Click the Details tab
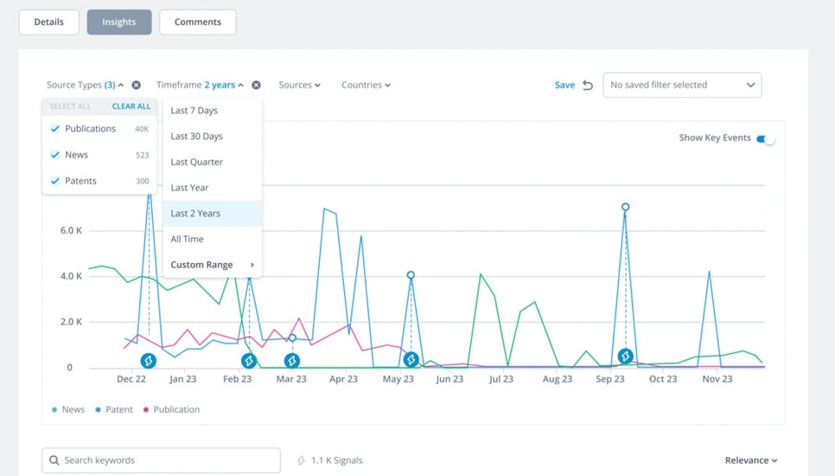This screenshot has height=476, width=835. [x=48, y=23]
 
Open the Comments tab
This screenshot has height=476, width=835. [x=197, y=23]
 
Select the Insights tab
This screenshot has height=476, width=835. [x=119, y=23]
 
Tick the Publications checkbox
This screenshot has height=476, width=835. [x=55, y=129]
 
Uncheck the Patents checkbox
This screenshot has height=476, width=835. [x=55, y=181]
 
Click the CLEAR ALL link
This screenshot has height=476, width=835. [x=131, y=106]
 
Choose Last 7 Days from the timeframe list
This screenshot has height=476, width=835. [x=194, y=111]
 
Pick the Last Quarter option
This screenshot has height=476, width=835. [x=197, y=162]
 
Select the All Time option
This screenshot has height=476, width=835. [x=188, y=239]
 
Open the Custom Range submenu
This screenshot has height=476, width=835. [x=212, y=265]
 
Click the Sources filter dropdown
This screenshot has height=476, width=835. [x=299, y=85]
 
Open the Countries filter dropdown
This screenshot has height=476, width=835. [x=366, y=85]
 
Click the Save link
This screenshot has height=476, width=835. [x=564, y=85]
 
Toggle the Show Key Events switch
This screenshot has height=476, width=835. [x=766, y=138]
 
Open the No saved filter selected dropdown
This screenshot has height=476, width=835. [x=682, y=85]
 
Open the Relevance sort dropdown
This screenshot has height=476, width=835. [x=751, y=460]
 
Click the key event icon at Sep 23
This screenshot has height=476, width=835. [x=625, y=357]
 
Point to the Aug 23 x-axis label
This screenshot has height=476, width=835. [x=557, y=379]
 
